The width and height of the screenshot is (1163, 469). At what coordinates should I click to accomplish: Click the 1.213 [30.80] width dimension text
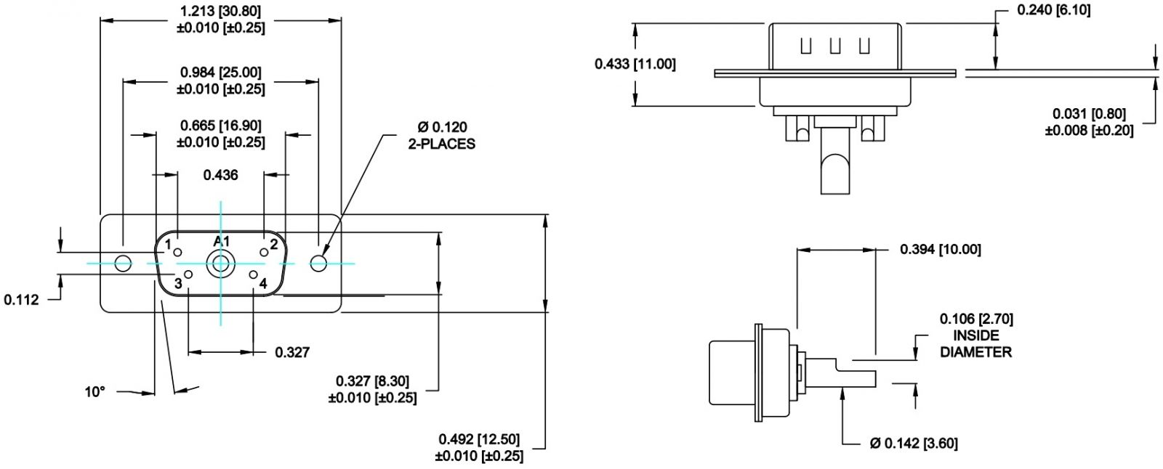tap(221, 12)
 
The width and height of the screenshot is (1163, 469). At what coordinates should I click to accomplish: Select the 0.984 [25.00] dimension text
tap(221, 73)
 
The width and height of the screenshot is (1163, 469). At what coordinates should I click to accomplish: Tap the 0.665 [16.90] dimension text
tap(221, 126)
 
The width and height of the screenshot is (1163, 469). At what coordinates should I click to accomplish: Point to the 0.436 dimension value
tap(221, 176)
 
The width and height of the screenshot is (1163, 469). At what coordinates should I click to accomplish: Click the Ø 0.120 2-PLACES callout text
tap(442, 136)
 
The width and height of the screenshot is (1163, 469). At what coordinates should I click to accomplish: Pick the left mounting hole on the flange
tap(123, 264)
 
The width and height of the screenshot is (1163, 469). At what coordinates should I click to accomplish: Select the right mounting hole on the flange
tap(318, 264)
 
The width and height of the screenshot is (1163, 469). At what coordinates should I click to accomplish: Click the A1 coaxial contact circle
tap(221, 264)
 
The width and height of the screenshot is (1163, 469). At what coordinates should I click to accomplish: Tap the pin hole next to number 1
tap(177, 253)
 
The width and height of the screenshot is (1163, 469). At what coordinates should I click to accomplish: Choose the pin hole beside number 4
tap(254, 274)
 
